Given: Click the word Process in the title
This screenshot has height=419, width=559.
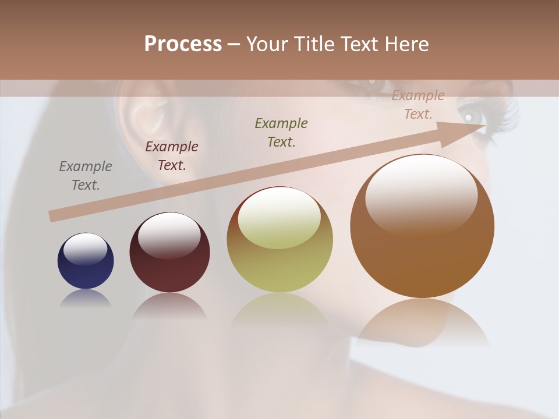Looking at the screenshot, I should [x=183, y=44].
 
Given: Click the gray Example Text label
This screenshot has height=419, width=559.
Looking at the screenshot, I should [x=86, y=175].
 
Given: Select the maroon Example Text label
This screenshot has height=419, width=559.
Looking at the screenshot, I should [x=172, y=155].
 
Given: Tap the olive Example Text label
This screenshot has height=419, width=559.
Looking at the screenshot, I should [x=281, y=132].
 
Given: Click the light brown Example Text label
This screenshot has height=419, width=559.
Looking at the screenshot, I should [x=418, y=105].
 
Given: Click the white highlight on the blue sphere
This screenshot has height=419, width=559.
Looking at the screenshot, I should [x=85, y=248].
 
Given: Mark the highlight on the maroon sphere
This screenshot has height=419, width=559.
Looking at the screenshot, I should [x=169, y=234].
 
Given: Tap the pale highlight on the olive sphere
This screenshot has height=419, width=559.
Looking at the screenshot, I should [x=279, y=216].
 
